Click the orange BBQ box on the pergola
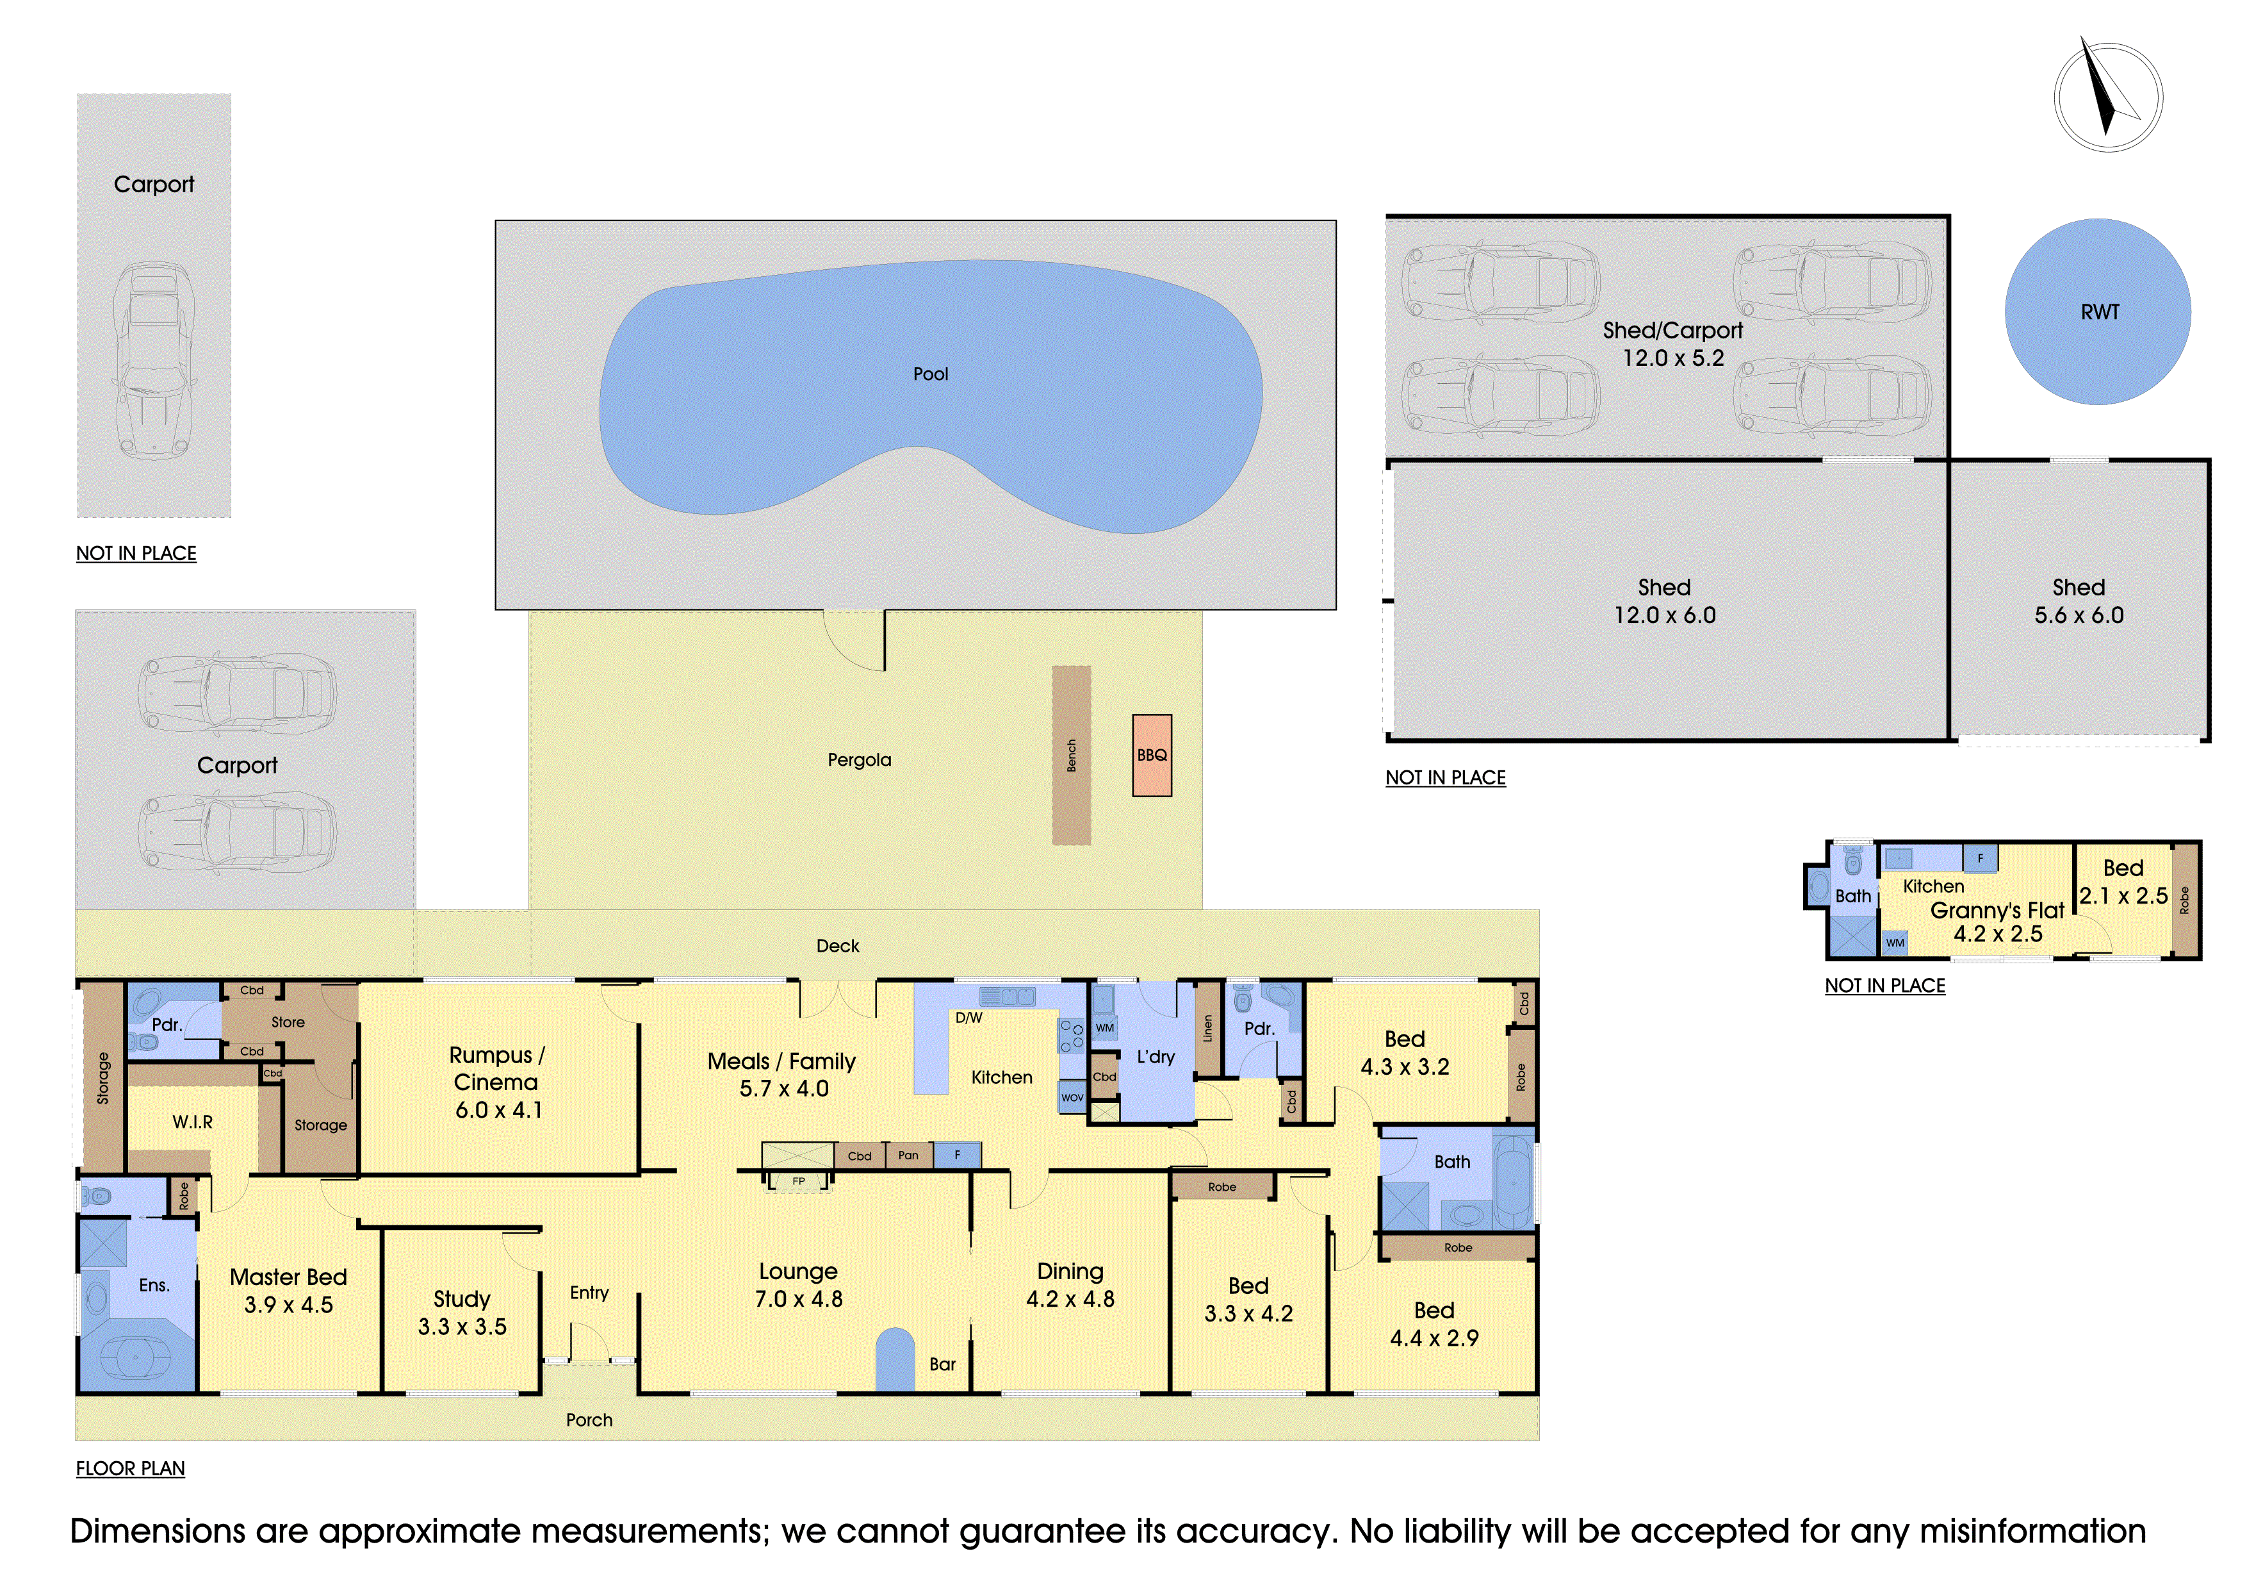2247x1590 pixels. coord(1152,755)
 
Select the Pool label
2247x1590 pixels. coord(931,374)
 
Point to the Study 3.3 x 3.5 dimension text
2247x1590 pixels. coord(462,1327)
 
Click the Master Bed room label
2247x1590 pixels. coord(289,1277)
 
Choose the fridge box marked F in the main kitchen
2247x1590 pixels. coord(957,1155)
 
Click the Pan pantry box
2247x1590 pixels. coord(909,1155)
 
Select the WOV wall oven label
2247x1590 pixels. coord(1073,1098)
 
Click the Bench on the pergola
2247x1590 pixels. coord(1072,755)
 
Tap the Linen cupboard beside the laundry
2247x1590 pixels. coord(1209,1029)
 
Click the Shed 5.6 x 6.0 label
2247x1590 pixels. coord(2079,601)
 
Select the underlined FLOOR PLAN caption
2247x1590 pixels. coord(130,1469)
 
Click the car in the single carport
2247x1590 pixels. coord(154,360)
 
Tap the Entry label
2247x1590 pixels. coord(589,1293)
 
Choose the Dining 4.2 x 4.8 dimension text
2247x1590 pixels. coord(1070,1299)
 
